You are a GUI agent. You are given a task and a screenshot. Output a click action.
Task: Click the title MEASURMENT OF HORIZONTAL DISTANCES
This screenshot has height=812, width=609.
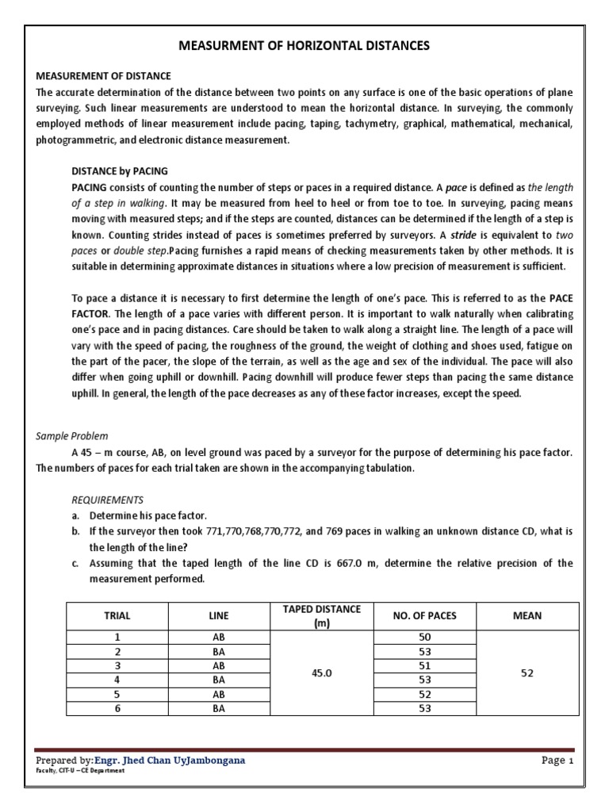click(304, 46)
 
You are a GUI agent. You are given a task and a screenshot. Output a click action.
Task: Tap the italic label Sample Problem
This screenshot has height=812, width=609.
click(72, 436)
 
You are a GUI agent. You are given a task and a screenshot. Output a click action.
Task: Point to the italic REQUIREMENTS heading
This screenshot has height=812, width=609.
click(107, 500)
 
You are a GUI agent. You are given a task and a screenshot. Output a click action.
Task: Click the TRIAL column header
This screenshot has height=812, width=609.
click(117, 615)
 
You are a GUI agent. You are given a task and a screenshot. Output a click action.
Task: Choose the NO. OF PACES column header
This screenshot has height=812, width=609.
click(424, 615)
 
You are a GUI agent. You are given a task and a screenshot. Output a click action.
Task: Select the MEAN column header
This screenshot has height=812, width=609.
click(528, 615)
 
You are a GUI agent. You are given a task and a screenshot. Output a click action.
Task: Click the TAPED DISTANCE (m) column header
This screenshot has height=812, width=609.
click(322, 615)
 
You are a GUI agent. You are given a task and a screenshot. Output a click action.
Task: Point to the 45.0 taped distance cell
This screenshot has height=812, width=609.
click(322, 672)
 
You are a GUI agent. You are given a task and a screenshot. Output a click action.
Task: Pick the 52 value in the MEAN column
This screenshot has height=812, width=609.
click(528, 672)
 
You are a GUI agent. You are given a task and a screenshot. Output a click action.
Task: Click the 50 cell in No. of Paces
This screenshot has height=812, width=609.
click(424, 637)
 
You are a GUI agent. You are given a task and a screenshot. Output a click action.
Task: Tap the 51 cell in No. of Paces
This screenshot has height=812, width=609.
click(424, 665)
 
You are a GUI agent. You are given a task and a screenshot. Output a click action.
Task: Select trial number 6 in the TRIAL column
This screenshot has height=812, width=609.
click(117, 708)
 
